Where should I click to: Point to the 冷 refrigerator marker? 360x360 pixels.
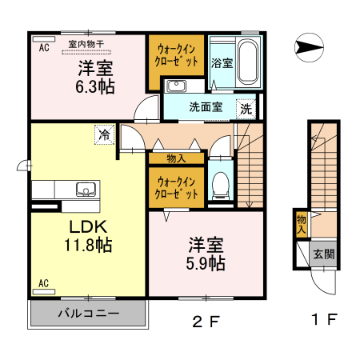104,135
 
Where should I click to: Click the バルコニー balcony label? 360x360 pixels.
88,313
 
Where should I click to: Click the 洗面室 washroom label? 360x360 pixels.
206,106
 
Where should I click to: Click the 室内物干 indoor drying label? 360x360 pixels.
86,45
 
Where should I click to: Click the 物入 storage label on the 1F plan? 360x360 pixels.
301,222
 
